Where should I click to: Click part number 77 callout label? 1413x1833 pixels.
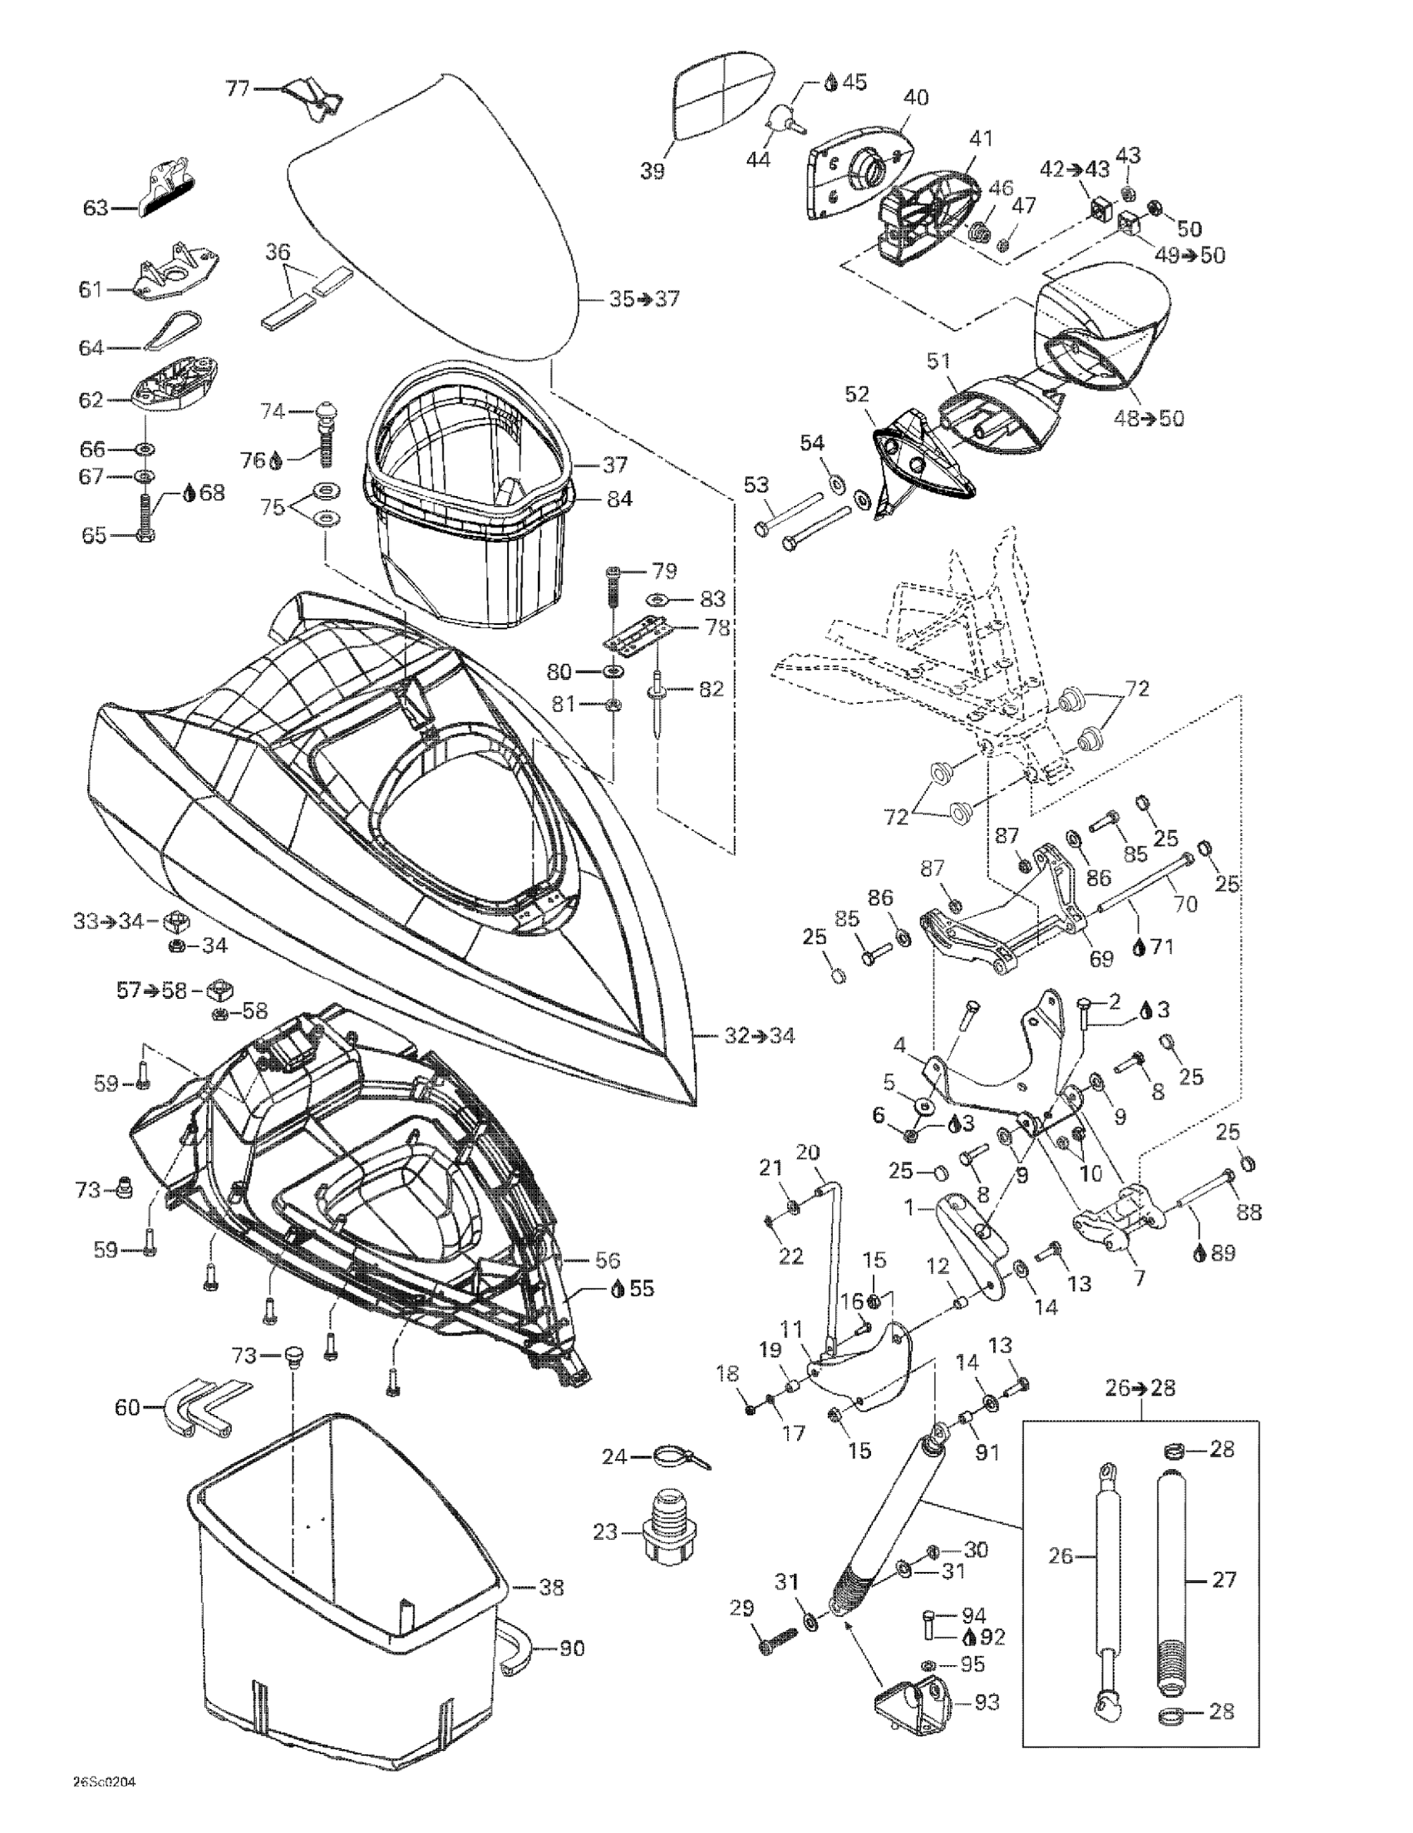[x=238, y=87]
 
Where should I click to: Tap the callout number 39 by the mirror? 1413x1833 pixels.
[x=652, y=171]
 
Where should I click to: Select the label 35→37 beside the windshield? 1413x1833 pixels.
[x=644, y=299]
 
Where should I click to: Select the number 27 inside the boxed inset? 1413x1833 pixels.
[x=1224, y=1580]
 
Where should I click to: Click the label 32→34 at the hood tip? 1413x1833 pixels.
[x=759, y=1035]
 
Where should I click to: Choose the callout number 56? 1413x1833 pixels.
[x=607, y=1260]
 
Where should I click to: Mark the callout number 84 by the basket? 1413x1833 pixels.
[x=619, y=499]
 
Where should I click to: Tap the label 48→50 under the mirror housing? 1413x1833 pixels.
[x=1149, y=417]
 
